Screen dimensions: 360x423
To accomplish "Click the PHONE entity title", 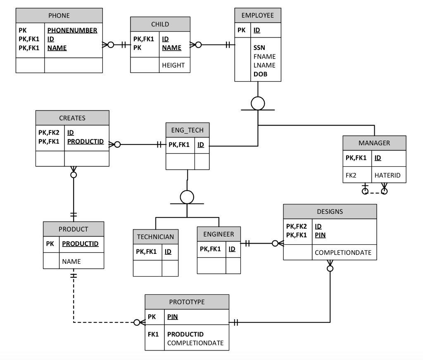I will [59, 16].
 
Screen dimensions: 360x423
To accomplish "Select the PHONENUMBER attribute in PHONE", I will [72, 30].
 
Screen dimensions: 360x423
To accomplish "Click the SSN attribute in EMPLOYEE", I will [259, 47].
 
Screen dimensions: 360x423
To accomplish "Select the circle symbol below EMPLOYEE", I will [258, 103].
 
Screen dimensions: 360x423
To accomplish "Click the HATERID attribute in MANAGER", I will [387, 175].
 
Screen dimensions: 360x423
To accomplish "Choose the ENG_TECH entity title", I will [187, 130].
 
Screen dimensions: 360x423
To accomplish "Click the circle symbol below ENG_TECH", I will [187, 197].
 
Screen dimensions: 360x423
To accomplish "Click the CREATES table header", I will [72, 118].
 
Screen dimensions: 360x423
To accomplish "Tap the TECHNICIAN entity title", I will [155, 237].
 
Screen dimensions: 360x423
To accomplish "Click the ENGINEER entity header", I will [219, 234].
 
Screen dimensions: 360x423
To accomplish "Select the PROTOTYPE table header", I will [187, 302].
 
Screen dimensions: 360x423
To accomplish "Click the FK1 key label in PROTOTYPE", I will [153, 334].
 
